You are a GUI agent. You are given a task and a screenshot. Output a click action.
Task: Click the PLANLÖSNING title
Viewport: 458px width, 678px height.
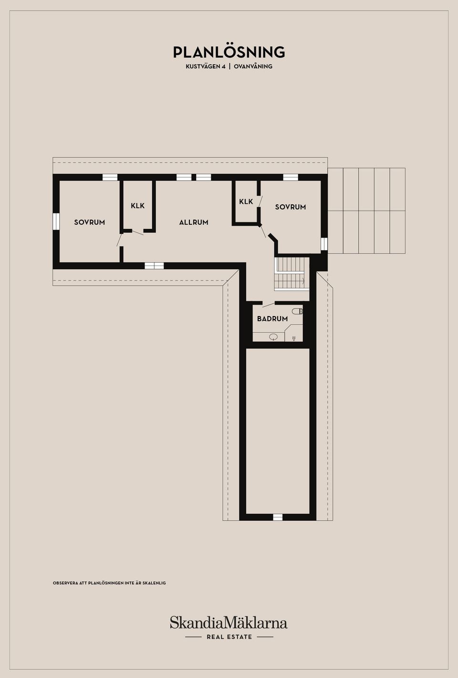(x=229, y=52)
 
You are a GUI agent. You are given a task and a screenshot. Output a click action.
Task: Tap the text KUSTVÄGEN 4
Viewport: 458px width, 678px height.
(x=206, y=66)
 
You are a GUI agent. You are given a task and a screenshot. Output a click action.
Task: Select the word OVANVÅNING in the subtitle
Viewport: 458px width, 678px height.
(x=253, y=66)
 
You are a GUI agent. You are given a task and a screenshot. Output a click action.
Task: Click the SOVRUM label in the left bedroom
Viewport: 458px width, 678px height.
(x=90, y=222)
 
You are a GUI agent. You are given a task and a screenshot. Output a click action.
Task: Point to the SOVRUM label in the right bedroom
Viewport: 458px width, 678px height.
(x=291, y=207)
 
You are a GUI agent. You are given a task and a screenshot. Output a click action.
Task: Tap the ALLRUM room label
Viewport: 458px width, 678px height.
(x=194, y=222)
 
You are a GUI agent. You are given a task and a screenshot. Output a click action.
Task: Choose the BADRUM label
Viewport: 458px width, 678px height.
(x=272, y=319)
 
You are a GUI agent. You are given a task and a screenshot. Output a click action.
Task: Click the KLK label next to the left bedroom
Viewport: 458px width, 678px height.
(x=138, y=206)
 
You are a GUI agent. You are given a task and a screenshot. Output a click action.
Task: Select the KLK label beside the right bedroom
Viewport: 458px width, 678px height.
(x=246, y=201)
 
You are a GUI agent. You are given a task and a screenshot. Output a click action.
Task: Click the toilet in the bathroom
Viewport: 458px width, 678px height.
(x=298, y=311)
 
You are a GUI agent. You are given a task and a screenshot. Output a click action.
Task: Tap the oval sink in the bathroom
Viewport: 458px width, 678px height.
(x=273, y=336)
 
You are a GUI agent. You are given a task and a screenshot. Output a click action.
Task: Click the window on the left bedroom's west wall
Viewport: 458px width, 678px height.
(x=56, y=222)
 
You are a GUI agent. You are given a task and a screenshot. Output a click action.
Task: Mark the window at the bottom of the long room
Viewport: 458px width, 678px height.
(x=278, y=517)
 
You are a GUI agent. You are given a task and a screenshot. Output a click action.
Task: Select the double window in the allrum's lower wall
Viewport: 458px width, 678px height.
(x=154, y=266)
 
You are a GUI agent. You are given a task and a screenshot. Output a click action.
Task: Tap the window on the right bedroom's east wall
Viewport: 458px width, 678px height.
(x=324, y=244)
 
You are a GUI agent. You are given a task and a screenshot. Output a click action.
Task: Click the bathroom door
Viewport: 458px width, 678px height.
(x=269, y=305)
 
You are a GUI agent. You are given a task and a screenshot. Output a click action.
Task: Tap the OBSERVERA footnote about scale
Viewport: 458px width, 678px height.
(x=109, y=583)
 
